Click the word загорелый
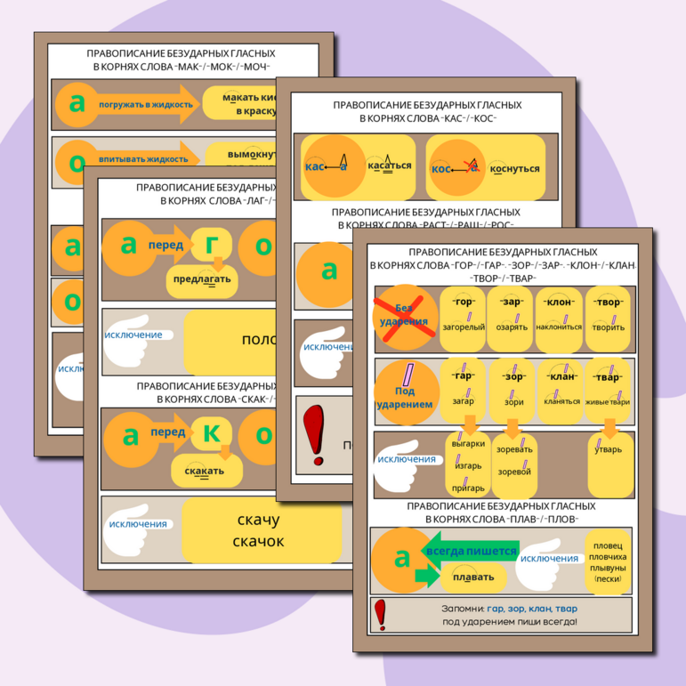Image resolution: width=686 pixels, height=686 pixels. pyautogui.click(x=463, y=327)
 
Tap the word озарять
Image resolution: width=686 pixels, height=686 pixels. pyautogui.click(x=512, y=327)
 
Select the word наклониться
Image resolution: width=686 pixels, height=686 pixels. pyautogui.click(x=559, y=327)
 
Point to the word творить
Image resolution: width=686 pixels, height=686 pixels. pyautogui.click(x=609, y=327)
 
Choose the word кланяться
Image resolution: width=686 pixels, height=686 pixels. pyautogui.click(x=559, y=400)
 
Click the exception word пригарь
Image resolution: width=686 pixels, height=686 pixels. pyautogui.click(x=468, y=488)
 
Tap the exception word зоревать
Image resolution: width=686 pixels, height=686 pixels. pyautogui.click(x=514, y=449)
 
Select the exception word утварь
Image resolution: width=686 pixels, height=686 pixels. pyautogui.click(x=609, y=449)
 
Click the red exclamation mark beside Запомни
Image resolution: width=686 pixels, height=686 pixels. pyautogui.click(x=381, y=613)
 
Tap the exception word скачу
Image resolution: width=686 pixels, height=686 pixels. pyautogui.click(x=259, y=521)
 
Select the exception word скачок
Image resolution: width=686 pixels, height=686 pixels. pyautogui.click(x=259, y=541)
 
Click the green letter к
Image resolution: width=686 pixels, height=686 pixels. pyautogui.click(x=214, y=432)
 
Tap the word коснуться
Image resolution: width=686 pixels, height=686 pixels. pyautogui.click(x=511, y=165)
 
